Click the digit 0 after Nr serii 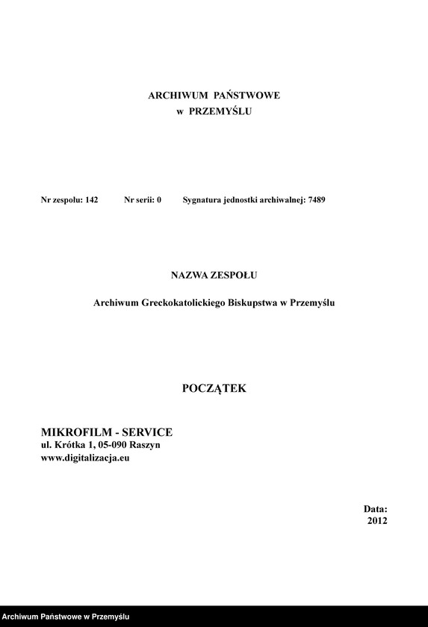(x=158, y=200)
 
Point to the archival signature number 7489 (x=316, y=200)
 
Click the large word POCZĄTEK (x=214, y=388)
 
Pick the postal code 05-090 (x=111, y=445)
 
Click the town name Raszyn (x=144, y=445)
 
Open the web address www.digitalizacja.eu (x=85, y=458)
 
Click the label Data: (x=376, y=508)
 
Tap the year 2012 (x=377, y=521)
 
